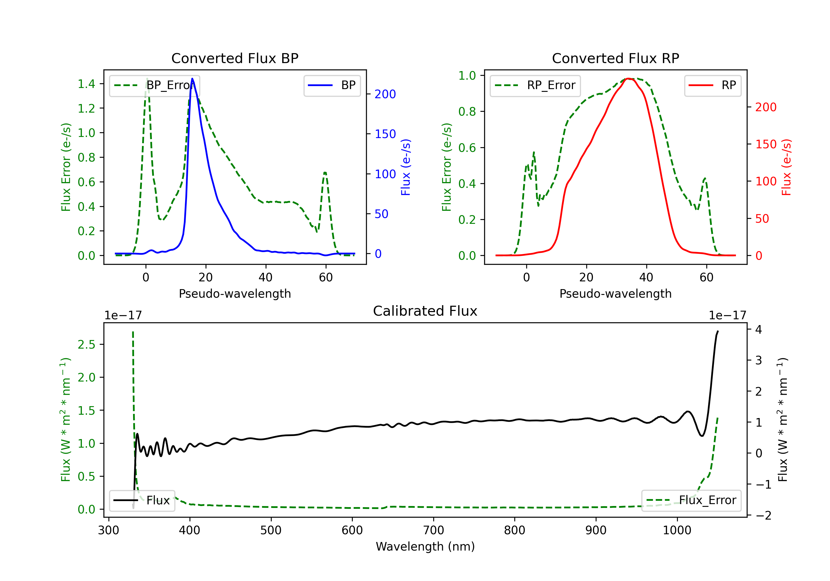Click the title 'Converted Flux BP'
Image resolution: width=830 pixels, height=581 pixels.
(235, 58)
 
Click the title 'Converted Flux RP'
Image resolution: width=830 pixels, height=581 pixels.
(615, 58)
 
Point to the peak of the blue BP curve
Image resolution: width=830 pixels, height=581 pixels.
(192, 79)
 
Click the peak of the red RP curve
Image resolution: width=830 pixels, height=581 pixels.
(628, 79)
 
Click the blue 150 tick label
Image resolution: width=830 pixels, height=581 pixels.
(385, 134)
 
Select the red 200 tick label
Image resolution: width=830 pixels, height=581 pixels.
(766, 107)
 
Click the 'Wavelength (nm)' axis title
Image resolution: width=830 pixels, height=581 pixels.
(425, 546)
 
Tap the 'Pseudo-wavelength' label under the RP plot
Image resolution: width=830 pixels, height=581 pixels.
(615, 294)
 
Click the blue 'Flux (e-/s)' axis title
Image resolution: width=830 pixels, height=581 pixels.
(406, 167)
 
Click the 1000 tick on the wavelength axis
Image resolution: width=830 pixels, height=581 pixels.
(677, 530)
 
